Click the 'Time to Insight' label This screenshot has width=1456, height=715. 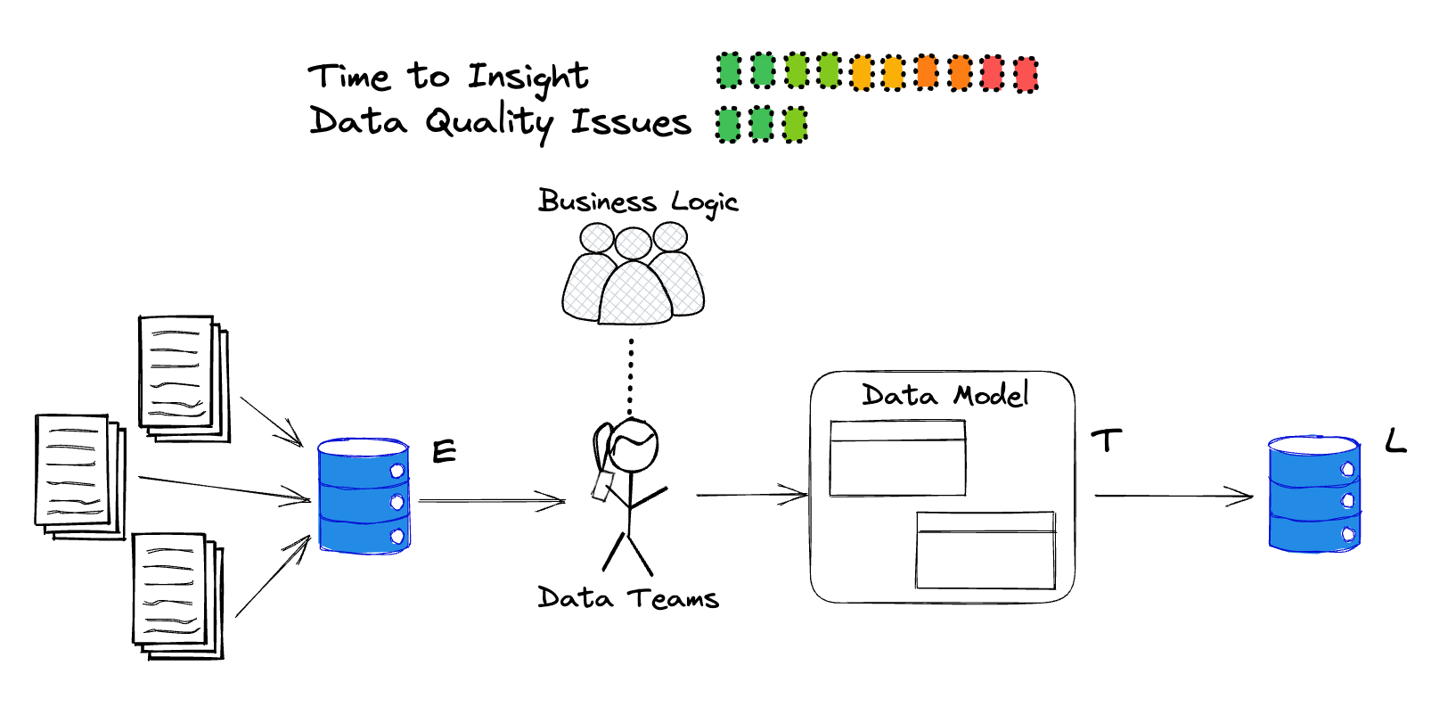(448, 77)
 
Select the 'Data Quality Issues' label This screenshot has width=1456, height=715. (499, 122)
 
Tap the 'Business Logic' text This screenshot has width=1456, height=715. (638, 202)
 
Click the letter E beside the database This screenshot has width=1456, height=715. (444, 452)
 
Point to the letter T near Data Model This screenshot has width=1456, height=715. (1106, 440)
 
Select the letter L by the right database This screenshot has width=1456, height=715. (1395, 440)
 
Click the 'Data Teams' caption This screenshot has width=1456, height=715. (627, 597)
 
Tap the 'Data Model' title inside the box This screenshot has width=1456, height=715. (945, 394)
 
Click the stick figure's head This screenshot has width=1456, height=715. (633, 444)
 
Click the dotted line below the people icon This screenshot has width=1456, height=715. (631, 374)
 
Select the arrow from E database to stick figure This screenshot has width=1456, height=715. (492, 501)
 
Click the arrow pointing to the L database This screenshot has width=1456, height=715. (1173, 496)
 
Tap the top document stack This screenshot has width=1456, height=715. (183, 378)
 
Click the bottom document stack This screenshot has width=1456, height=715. (176, 595)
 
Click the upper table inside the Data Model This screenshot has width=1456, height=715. (897, 458)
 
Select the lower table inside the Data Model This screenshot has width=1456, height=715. (985, 549)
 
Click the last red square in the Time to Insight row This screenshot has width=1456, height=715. (1026, 74)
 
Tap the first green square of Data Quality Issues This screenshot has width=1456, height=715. (728, 125)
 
